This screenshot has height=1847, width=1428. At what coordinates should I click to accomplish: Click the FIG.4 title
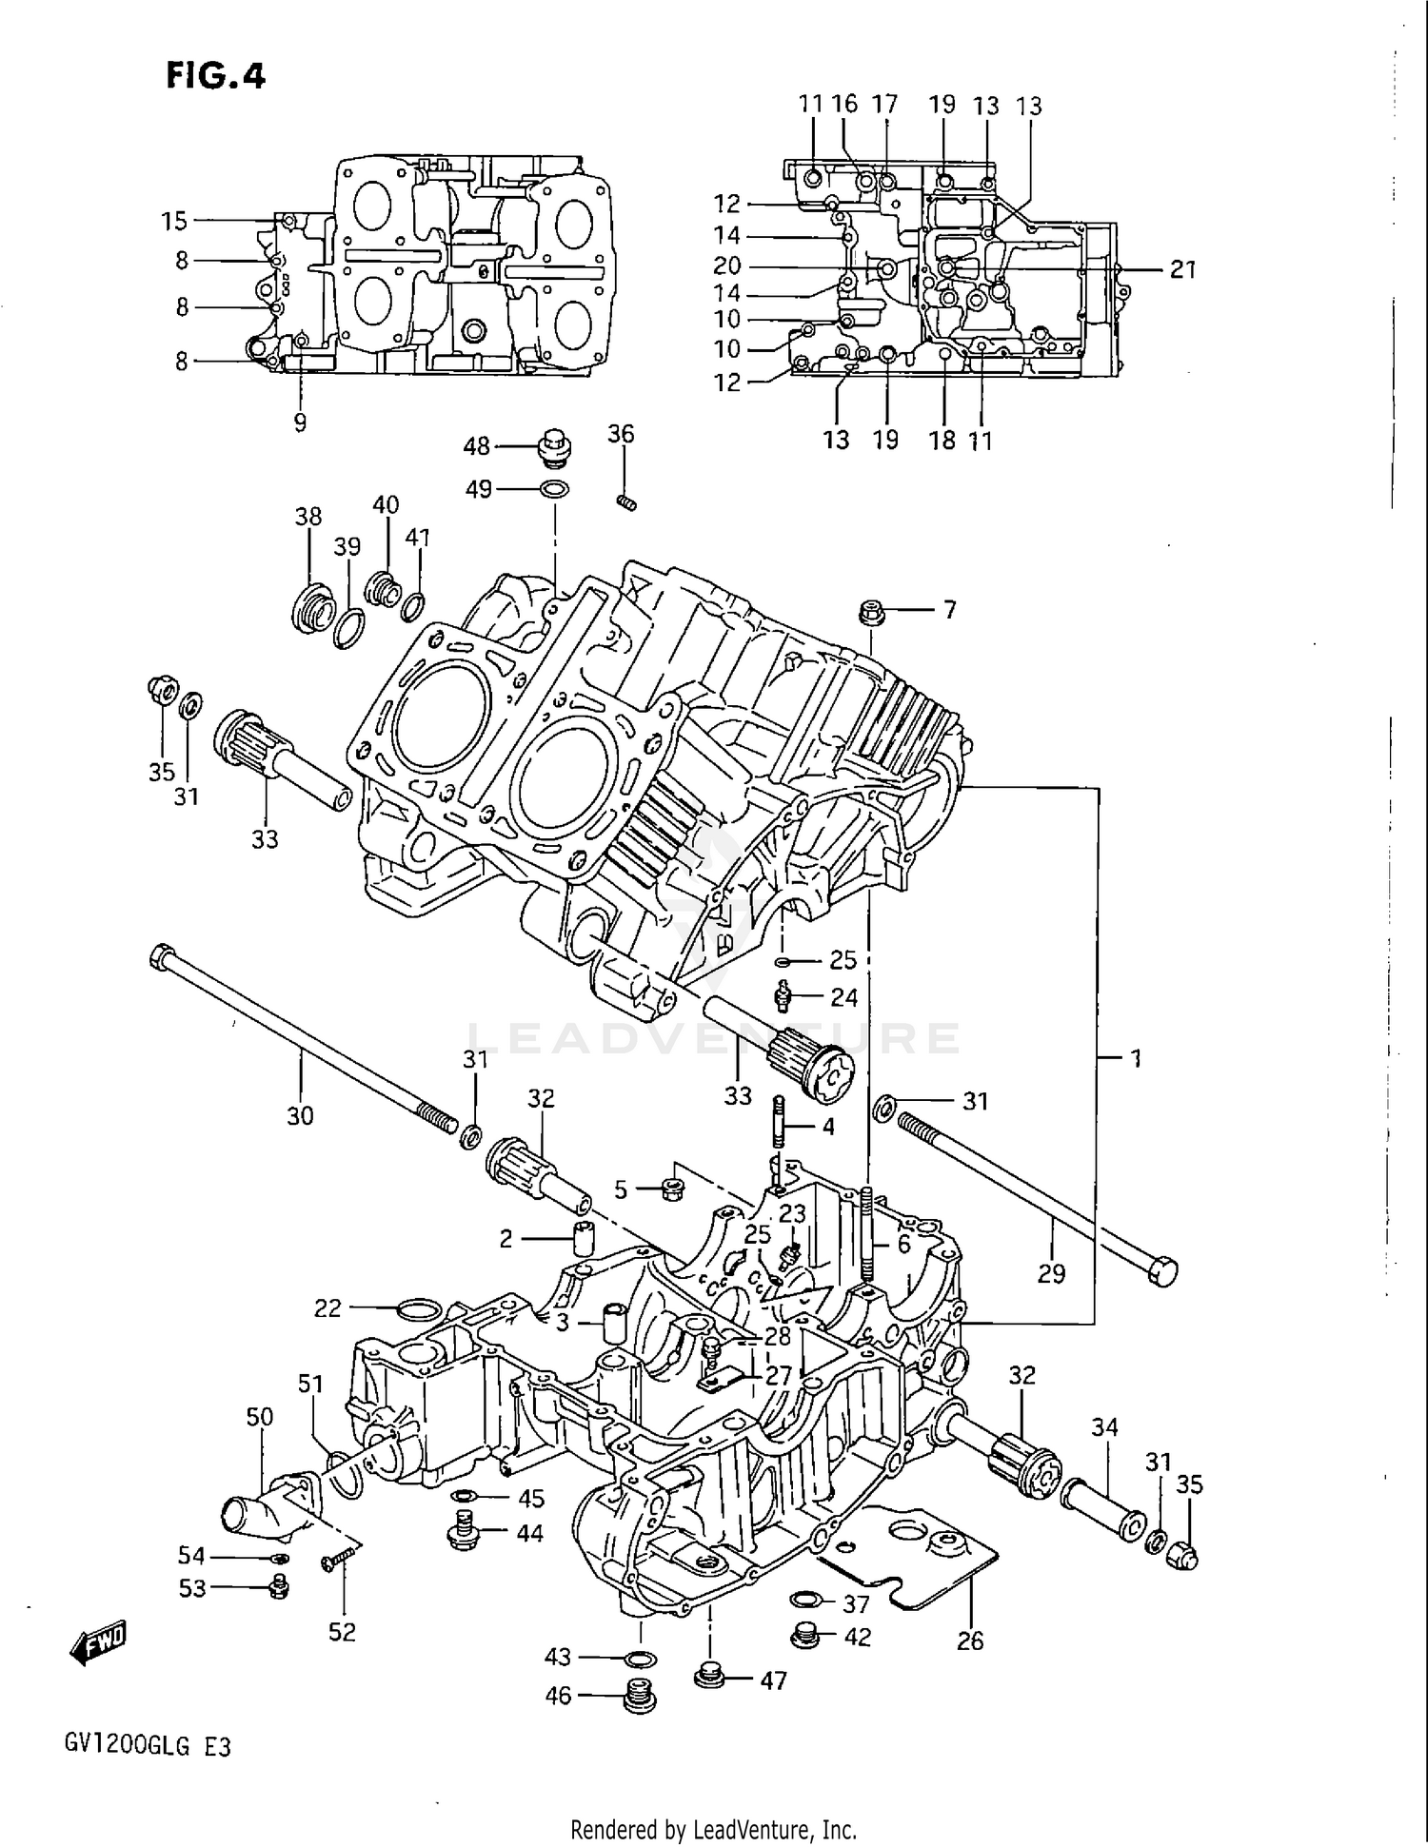[216, 75]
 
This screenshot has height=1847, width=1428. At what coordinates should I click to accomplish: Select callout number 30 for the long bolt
[300, 1115]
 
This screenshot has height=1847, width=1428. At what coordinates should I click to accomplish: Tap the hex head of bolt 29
[1163, 1271]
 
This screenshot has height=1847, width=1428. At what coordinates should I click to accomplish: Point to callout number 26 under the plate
[970, 1641]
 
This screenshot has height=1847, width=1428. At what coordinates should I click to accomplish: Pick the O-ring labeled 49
[555, 489]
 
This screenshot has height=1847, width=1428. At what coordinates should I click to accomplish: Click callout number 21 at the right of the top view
[1182, 270]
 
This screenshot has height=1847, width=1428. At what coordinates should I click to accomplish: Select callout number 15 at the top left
[174, 222]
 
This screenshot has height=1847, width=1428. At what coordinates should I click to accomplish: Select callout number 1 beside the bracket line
[1135, 1058]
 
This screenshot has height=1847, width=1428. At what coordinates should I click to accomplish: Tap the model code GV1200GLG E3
[148, 1747]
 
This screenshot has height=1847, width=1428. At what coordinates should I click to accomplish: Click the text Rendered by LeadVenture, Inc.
[713, 1829]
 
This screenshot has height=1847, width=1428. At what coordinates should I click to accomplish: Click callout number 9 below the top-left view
[301, 422]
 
